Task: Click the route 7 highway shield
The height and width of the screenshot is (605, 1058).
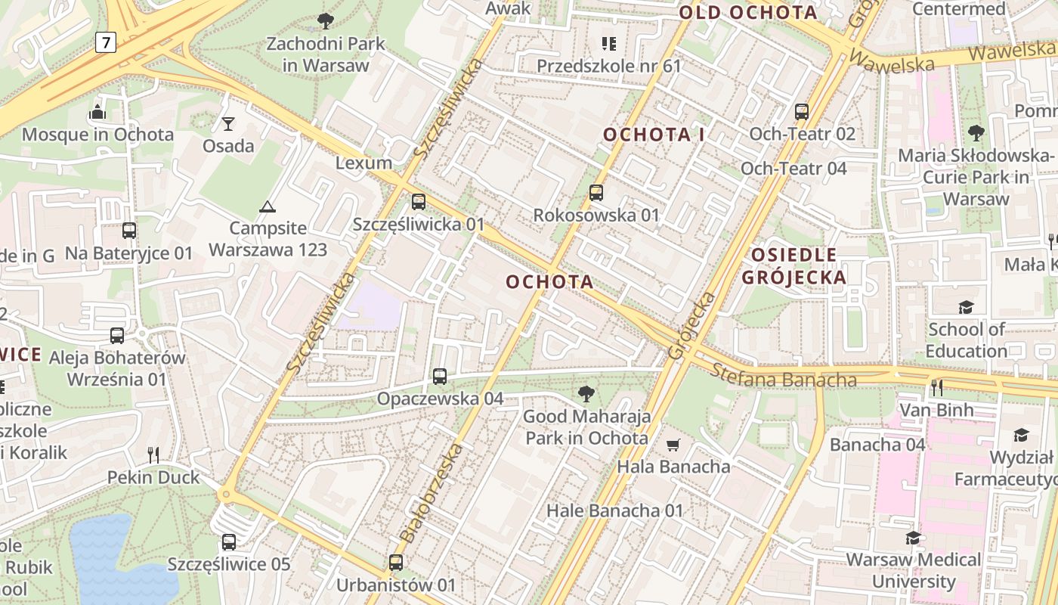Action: tap(107, 43)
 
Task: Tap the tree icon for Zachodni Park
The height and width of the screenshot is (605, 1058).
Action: tap(326, 21)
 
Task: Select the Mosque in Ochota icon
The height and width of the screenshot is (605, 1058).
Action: tap(97, 113)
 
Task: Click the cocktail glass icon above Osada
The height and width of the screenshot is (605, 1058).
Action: tap(228, 123)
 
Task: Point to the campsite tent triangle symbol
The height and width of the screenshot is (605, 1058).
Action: tap(267, 206)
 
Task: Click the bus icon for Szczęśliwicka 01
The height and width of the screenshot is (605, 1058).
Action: tap(419, 202)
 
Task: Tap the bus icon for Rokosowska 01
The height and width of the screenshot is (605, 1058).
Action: tap(596, 193)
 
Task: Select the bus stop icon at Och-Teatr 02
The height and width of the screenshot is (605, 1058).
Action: tap(802, 112)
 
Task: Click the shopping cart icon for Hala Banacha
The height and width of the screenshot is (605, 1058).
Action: tap(673, 445)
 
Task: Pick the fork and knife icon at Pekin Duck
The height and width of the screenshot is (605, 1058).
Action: tap(153, 455)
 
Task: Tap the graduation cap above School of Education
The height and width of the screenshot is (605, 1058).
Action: tap(966, 307)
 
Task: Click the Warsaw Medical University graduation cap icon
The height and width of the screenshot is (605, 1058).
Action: tap(913, 538)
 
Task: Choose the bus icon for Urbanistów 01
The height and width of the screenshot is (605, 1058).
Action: tap(396, 563)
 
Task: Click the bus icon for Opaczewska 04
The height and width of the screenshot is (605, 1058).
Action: tap(440, 376)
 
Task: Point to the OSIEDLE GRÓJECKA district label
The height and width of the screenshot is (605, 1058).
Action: tap(793, 265)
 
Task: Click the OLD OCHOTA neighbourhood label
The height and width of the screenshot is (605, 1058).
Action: tap(747, 12)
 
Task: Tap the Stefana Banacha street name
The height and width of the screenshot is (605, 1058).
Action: tap(784, 375)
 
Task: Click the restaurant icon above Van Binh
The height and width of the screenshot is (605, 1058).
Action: tap(936, 388)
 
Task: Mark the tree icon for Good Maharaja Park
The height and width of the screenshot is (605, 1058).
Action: tap(586, 394)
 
